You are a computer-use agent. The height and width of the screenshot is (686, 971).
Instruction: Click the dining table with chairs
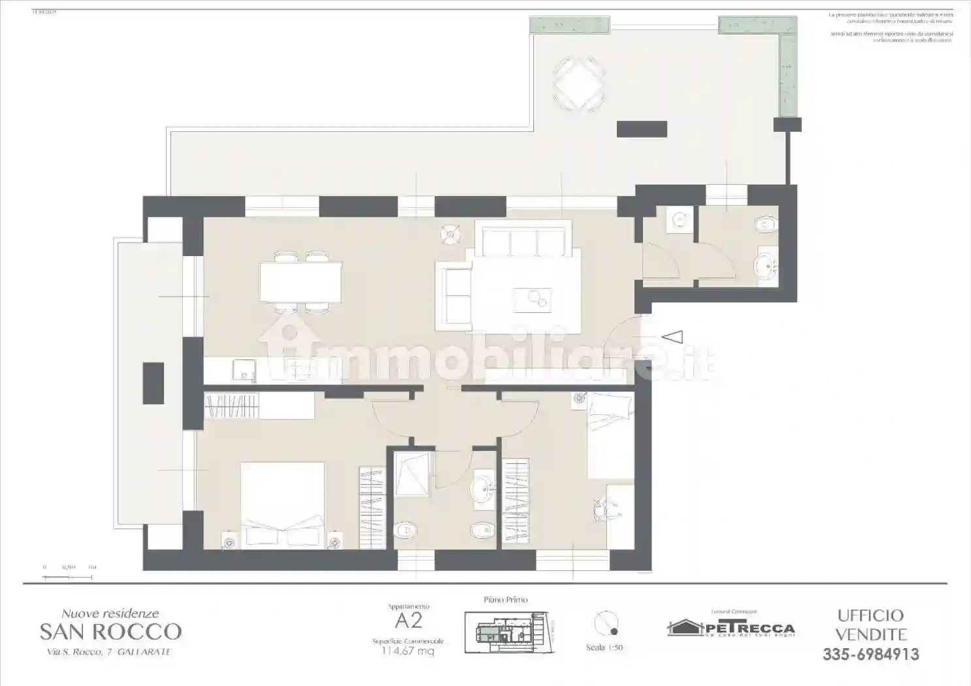[x=301, y=282]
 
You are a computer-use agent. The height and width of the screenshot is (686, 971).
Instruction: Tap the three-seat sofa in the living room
[x=523, y=240]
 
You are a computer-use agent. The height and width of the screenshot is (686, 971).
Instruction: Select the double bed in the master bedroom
[x=282, y=503]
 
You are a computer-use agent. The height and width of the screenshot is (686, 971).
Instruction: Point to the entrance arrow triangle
[x=672, y=337]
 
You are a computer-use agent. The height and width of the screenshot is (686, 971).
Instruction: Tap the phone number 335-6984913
[x=870, y=654]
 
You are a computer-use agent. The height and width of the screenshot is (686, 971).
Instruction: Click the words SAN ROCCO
[x=110, y=632]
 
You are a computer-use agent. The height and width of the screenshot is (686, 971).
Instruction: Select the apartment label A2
[x=408, y=620]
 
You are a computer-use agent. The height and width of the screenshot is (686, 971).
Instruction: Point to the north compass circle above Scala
[x=606, y=623]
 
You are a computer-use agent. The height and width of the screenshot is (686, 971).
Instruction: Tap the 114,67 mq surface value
[x=408, y=651]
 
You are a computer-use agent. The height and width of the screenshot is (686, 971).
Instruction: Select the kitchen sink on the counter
[x=244, y=370]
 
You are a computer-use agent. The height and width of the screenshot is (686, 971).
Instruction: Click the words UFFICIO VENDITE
[x=870, y=625]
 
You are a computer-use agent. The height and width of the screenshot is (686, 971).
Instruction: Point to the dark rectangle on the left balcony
[x=154, y=383]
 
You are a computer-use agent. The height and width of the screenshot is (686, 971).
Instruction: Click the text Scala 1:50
[x=604, y=647]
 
